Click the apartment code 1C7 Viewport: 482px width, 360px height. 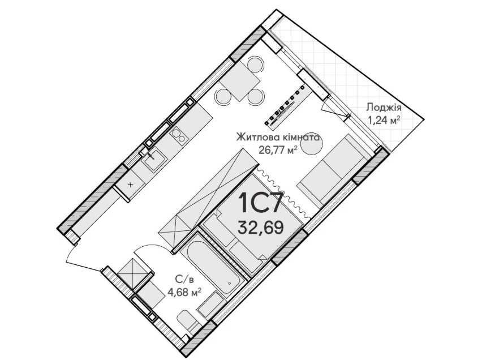[260, 203]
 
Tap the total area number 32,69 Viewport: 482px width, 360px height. [261, 228]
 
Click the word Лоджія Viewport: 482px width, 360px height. [384, 108]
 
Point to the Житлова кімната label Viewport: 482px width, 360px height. [278, 137]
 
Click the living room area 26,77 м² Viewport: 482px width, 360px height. [278, 150]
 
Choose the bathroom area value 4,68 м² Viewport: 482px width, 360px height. [184, 292]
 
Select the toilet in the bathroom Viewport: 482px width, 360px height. [188, 324]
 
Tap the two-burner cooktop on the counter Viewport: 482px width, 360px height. [179, 135]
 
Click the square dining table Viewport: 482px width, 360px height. [240, 80]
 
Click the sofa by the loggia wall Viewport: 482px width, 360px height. [334, 170]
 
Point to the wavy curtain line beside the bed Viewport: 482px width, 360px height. [283, 193]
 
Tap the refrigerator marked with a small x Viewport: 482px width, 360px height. [131, 185]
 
